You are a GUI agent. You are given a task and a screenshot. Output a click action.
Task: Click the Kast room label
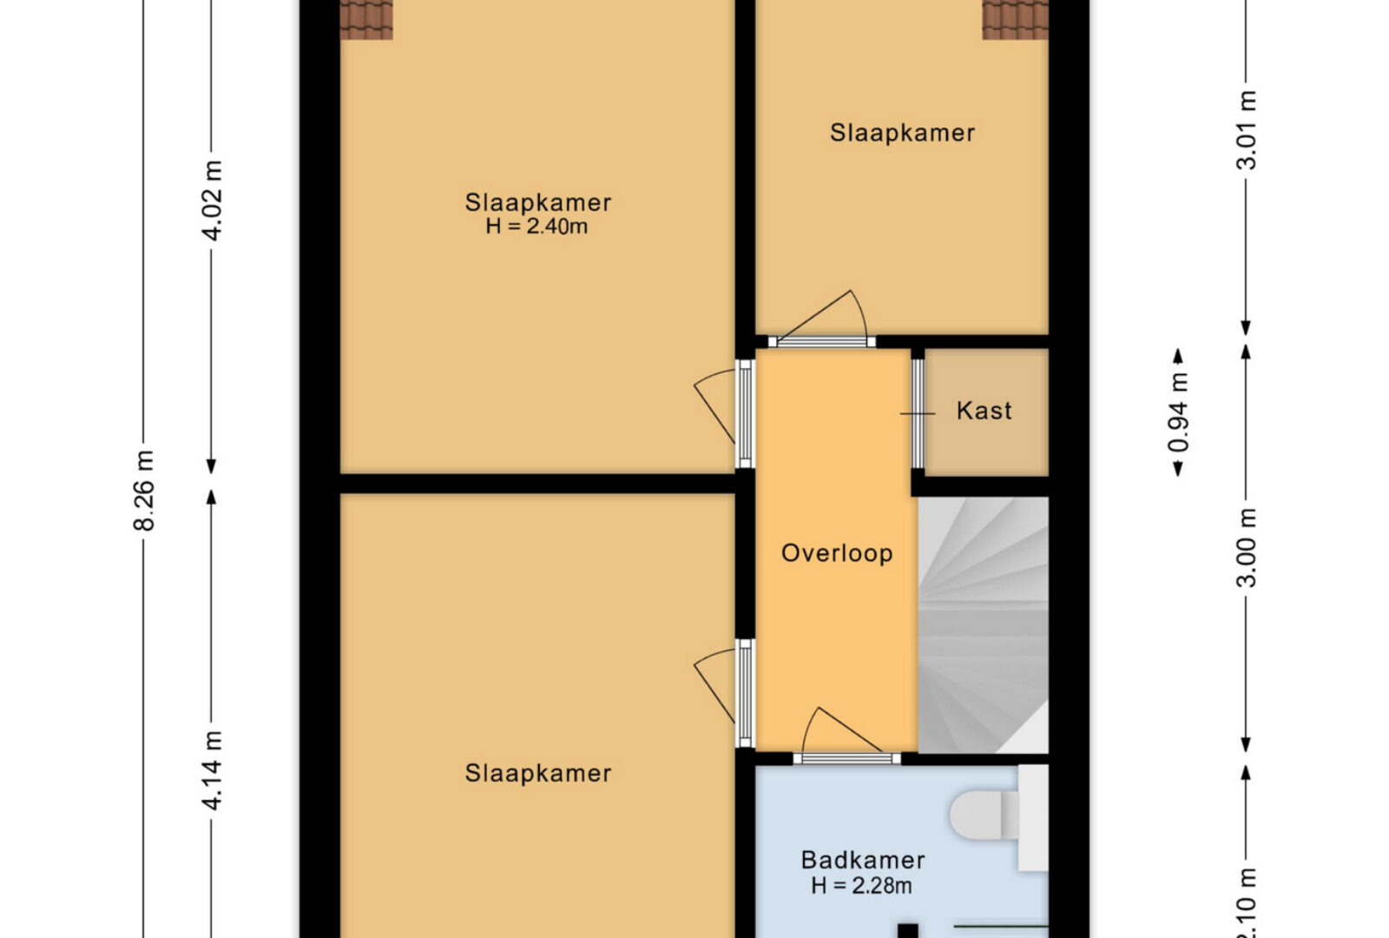[984, 411]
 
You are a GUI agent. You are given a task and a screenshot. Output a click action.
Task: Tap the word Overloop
[837, 552]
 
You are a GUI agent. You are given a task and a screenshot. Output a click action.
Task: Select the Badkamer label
[863, 860]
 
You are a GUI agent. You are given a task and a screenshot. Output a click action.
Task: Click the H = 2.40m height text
[537, 227]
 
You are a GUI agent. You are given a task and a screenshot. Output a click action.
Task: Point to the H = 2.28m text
[862, 886]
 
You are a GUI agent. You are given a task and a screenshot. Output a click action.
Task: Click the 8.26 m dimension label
[144, 490]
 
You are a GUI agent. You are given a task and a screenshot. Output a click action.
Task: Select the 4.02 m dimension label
[212, 201]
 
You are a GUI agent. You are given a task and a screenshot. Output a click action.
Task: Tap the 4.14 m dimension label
[212, 770]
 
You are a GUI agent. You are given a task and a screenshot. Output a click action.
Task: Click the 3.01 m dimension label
[1247, 130]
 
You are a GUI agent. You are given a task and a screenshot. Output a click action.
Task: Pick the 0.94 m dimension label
[1178, 413]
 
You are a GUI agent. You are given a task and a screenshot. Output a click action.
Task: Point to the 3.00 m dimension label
[1247, 547]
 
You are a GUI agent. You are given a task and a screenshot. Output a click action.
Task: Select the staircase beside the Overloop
[983, 624]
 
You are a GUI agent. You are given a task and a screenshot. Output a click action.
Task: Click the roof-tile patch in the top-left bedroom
[366, 19]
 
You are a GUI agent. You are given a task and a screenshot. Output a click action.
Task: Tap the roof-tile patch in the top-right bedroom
[1015, 19]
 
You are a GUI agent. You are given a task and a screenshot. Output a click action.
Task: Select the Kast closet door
[918, 413]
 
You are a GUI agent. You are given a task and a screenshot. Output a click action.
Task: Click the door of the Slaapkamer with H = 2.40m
[726, 413]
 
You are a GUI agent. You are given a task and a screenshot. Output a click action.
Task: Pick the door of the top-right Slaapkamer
[821, 320]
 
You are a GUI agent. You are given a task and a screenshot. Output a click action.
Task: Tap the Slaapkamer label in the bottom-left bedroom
[537, 773]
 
